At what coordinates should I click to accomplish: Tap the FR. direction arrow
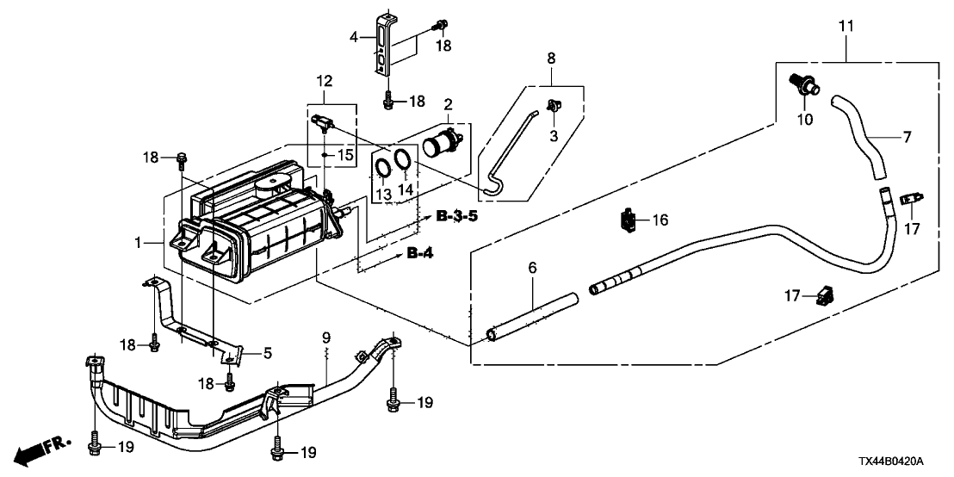42,449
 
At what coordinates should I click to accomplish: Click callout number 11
846,26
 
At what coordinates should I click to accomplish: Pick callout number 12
325,80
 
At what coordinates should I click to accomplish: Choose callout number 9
325,337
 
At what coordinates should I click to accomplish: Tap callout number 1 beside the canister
138,243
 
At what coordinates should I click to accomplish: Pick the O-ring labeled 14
401,159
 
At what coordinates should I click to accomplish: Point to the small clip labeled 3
554,107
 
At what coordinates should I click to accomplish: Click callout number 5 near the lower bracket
267,353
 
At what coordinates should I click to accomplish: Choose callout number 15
344,155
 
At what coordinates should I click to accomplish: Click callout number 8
551,59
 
